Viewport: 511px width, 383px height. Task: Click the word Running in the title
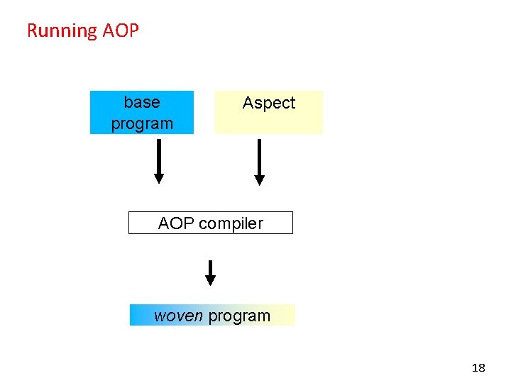coord(62,30)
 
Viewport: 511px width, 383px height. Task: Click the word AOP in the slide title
coord(121,30)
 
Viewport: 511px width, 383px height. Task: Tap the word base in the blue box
coord(142,102)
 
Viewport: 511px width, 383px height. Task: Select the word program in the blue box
coord(142,123)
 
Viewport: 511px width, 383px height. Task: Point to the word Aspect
coord(268,103)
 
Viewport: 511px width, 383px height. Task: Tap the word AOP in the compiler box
coord(177,223)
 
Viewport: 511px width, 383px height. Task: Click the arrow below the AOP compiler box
coord(210,272)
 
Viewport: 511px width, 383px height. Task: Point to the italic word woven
coord(178,316)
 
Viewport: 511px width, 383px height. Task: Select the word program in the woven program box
coord(239,316)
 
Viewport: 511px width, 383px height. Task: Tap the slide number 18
coord(478,367)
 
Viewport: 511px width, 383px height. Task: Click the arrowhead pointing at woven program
coord(210,281)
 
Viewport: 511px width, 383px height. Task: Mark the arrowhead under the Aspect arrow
coord(259,180)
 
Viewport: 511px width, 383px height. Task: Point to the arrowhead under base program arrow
coord(159,179)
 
